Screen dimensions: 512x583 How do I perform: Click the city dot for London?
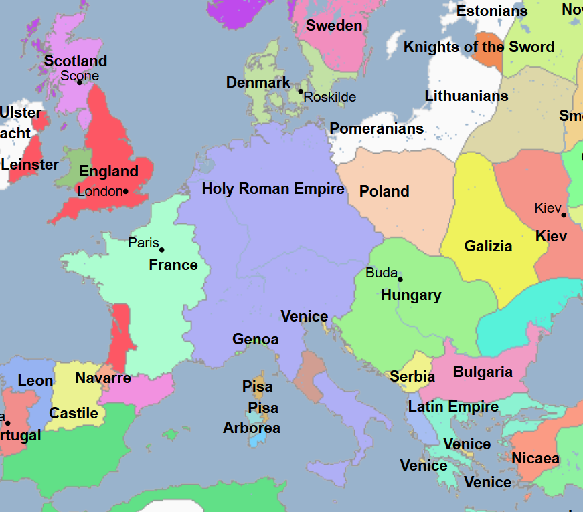[x=125, y=192]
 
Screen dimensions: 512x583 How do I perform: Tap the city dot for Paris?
[x=161, y=250]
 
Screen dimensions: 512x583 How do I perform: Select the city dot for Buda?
[x=400, y=279]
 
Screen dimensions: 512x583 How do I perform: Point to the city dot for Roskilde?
[x=301, y=91]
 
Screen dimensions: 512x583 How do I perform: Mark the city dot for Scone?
[x=79, y=82]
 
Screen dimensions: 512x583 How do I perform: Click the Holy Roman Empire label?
[x=273, y=189]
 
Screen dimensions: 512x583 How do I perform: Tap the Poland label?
[x=384, y=192]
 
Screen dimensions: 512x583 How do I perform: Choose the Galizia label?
[x=489, y=246]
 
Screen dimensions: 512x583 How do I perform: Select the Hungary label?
[x=411, y=295]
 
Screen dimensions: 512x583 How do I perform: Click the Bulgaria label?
[x=483, y=372]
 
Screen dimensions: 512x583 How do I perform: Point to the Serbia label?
[x=412, y=377]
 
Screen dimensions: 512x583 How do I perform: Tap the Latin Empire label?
[x=453, y=406]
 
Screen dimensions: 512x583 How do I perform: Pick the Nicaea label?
[x=535, y=459]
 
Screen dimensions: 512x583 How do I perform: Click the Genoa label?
[x=255, y=340]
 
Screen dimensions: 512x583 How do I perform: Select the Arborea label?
[x=252, y=428]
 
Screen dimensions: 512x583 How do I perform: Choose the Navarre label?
[x=103, y=378]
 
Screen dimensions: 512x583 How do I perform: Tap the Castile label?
[x=74, y=413]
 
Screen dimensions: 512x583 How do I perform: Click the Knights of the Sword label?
[x=479, y=47]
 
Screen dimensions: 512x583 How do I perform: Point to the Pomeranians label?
[x=377, y=128]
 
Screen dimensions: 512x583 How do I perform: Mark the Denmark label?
[x=258, y=83]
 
